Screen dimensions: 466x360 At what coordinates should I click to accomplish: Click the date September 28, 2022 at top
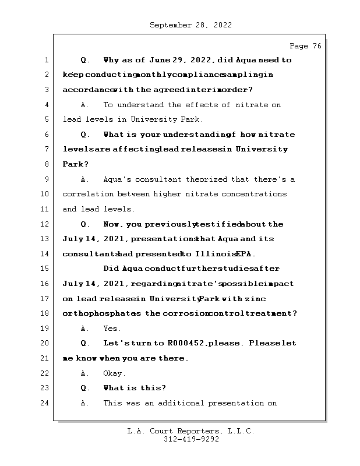point(190,25)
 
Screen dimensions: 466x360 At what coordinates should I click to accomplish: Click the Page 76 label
point(305,46)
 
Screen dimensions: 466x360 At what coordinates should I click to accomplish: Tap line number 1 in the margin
point(45,60)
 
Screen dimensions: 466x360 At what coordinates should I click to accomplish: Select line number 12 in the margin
point(45,224)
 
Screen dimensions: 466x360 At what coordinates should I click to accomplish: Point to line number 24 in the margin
point(45,403)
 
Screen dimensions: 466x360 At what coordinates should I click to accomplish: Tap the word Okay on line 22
point(114,373)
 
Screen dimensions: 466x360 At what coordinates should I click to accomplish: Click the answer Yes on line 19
point(112,329)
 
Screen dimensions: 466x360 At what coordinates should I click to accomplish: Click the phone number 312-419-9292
point(190,440)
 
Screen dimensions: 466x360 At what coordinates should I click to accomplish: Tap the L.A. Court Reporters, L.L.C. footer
point(190,432)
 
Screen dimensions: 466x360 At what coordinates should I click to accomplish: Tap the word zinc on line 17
point(285,299)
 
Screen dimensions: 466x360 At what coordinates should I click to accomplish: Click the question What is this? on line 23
point(135,388)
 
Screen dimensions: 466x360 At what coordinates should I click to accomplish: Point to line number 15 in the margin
point(45,269)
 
